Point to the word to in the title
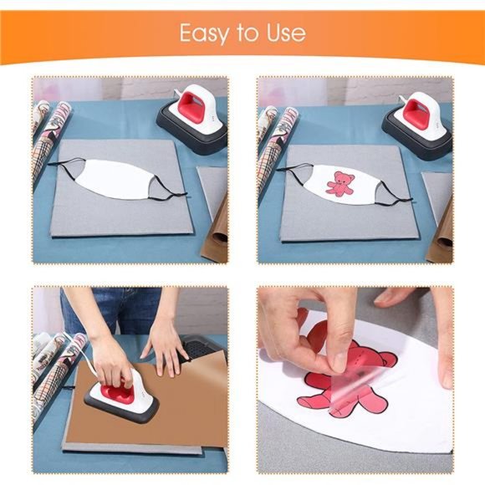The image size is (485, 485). [x=243, y=34]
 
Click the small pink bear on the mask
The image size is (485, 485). [x=339, y=182]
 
